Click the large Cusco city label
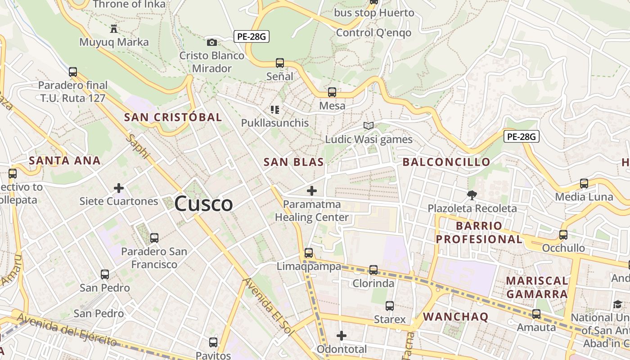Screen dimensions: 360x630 pyautogui.click(x=203, y=204)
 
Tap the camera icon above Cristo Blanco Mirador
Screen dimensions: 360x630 pyautogui.click(x=211, y=43)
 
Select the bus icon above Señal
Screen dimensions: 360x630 pyautogui.click(x=280, y=63)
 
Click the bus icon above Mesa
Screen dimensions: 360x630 pyautogui.click(x=332, y=92)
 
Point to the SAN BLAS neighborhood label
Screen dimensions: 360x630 pyautogui.click(x=293, y=162)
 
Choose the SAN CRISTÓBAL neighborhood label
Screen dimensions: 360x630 pyautogui.click(x=173, y=117)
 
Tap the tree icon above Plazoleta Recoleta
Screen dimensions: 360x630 pyautogui.click(x=472, y=195)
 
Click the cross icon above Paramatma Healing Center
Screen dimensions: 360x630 pyautogui.click(x=311, y=191)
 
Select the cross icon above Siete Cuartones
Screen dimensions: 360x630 pyautogui.click(x=119, y=188)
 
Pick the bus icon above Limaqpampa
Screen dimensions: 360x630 pyautogui.click(x=309, y=253)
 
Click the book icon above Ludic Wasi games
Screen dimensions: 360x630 pyautogui.click(x=369, y=126)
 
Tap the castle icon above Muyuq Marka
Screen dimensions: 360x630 pyautogui.click(x=114, y=29)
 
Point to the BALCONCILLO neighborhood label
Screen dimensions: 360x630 pyautogui.click(x=446, y=162)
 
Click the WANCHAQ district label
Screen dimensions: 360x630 pyautogui.click(x=455, y=316)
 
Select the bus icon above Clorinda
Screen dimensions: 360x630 pyautogui.click(x=373, y=270)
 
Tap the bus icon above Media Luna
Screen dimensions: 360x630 pyautogui.click(x=584, y=184)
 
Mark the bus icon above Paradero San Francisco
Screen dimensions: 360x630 pyautogui.click(x=154, y=238)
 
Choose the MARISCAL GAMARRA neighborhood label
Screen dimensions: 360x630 pyautogui.click(x=537, y=287)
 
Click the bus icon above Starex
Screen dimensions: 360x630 pyautogui.click(x=390, y=306)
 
